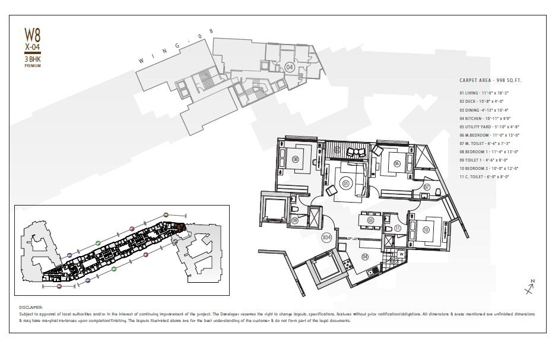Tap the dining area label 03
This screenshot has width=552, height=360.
[371, 220]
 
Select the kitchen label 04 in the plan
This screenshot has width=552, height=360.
[364, 257]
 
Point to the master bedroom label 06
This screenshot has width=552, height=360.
[396, 163]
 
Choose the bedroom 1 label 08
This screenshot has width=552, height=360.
[296, 159]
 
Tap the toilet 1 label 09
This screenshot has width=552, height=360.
[295, 220]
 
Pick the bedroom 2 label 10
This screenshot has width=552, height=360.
[425, 229]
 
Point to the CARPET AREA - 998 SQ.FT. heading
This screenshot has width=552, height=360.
[494, 80]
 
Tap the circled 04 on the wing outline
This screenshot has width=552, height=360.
[290, 67]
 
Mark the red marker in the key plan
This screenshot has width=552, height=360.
[59, 286]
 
